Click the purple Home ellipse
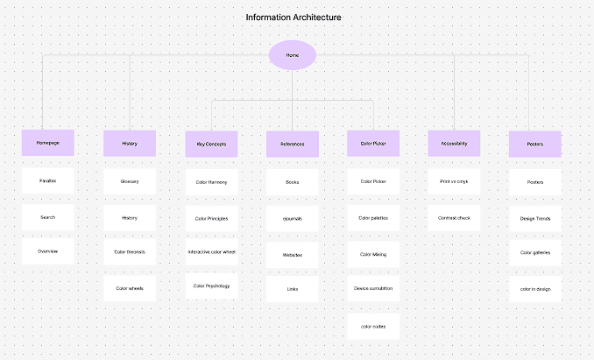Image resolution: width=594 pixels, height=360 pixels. (293, 55)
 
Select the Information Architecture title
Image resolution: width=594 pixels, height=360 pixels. (293, 18)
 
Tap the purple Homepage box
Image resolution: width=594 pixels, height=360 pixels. (47, 143)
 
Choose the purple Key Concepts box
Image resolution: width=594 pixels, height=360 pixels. (211, 144)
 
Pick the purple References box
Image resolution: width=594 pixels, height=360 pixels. (293, 144)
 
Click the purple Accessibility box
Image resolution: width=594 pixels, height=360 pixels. (454, 144)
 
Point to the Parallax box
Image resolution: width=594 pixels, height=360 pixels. (47, 181)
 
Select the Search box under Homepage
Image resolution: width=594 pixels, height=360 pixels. (47, 217)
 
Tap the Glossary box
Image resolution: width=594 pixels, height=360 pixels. (130, 181)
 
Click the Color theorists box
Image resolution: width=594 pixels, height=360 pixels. (130, 251)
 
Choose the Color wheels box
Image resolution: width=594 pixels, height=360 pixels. (130, 288)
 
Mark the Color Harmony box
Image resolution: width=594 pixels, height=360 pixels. (211, 182)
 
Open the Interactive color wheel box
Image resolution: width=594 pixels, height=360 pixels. (211, 251)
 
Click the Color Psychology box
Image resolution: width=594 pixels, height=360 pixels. (211, 286)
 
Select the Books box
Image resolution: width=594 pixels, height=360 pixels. (293, 182)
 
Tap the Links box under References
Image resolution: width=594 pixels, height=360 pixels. (293, 289)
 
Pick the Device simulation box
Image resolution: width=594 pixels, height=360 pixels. (373, 288)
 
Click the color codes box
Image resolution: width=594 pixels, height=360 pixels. (373, 327)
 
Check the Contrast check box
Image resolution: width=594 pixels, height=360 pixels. (454, 218)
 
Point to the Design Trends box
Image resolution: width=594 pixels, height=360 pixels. (535, 218)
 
